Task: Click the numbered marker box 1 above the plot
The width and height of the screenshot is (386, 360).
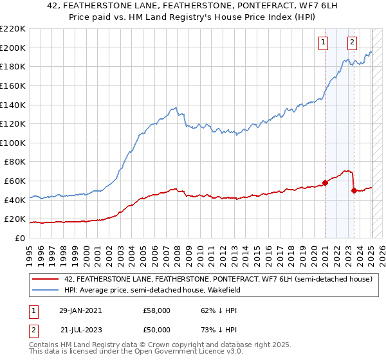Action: [322, 43]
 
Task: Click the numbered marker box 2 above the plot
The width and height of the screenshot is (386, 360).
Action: [353, 43]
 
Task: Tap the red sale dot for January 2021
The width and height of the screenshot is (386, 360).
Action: [325, 183]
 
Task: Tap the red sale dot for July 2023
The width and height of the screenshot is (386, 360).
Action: [354, 190]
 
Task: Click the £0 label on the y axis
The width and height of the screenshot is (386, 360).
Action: [20, 238]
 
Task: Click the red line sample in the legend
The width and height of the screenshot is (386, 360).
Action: [47, 280]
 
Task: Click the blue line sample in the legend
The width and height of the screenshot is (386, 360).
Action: [47, 290]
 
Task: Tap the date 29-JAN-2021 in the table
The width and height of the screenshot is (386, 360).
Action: [84, 310]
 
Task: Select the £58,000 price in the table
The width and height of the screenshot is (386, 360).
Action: [156, 310]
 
